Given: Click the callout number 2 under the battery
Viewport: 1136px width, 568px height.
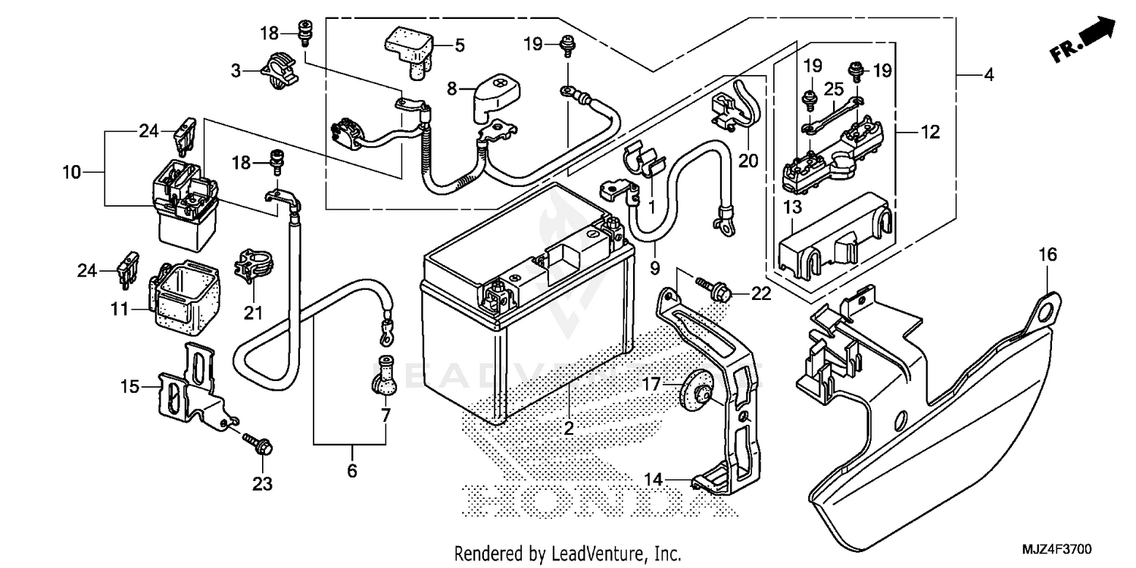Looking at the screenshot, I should (569, 429).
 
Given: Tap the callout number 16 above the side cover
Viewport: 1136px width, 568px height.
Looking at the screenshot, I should (1047, 255).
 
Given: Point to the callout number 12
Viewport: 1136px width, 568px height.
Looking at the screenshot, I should (931, 133).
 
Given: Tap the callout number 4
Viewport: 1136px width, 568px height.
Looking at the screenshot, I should (989, 76).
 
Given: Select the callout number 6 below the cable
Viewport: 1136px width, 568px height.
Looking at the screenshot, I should (352, 471).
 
